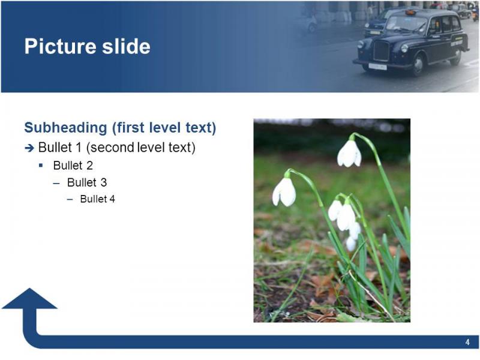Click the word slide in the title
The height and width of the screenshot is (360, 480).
[x=126, y=46]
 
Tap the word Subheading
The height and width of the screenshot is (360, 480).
[x=65, y=128]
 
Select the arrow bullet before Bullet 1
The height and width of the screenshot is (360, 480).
[x=29, y=148]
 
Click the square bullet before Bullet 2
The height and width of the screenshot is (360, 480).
[x=41, y=166]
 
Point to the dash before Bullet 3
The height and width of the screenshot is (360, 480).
[x=56, y=184]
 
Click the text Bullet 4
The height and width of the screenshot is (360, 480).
[x=97, y=199]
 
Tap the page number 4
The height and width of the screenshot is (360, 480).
[x=467, y=342]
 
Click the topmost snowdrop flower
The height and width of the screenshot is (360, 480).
[x=350, y=154]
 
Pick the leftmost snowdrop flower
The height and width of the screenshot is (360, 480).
[x=284, y=192]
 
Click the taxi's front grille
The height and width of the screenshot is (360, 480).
[x=381, y=51]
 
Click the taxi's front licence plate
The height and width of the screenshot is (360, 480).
[x=377, y=67]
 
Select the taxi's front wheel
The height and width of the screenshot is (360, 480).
[x=418, y=65]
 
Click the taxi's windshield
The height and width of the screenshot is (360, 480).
[x=406, y=23]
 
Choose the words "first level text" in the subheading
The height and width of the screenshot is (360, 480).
[x=164, y=128]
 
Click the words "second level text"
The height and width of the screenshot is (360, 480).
[x=141, y=148]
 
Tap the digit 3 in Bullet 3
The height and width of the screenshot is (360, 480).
[x=103, y=182]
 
